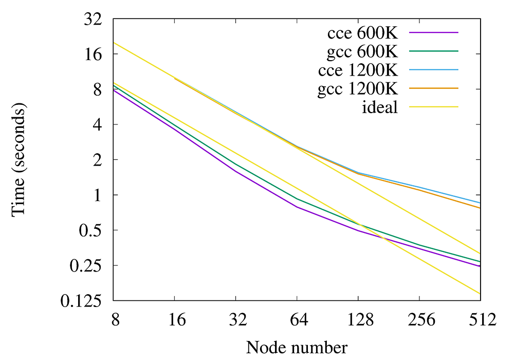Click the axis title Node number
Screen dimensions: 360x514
click(x=297, y=347)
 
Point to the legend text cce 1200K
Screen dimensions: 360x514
click(x=358, y=70)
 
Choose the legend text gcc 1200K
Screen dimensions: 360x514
click(x=358, y=88)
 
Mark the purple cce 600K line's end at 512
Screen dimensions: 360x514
click(x=480, y=266)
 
